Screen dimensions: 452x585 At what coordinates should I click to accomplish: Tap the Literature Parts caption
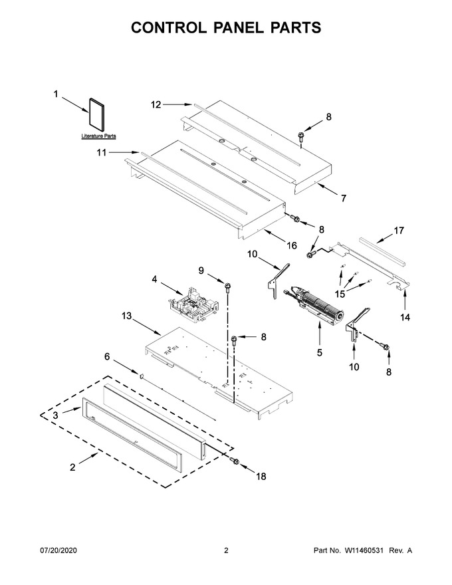[x=99, y=136]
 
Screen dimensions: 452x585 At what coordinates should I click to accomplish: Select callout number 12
[x=156, y=105]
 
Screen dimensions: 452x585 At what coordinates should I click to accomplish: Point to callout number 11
[x=102, y=153]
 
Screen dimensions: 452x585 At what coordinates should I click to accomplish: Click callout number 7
[x=344, y=198]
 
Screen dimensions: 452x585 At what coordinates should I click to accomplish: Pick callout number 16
[x=292, y=245]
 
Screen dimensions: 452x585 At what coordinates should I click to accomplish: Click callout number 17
[x=399, y=231]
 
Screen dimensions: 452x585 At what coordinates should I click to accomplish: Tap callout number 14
[x=405, y=317]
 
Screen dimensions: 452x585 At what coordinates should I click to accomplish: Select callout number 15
[x=340, y=294]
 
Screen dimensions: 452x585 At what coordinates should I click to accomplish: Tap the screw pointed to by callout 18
[x=235, y=461]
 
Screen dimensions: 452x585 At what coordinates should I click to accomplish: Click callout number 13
[x=127, y=316]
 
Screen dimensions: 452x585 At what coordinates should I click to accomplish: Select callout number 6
[x=107, y=357]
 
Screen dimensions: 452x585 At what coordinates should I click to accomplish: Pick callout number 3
[x=55, y=415]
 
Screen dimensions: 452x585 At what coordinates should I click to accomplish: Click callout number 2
[x=72, y=467]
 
